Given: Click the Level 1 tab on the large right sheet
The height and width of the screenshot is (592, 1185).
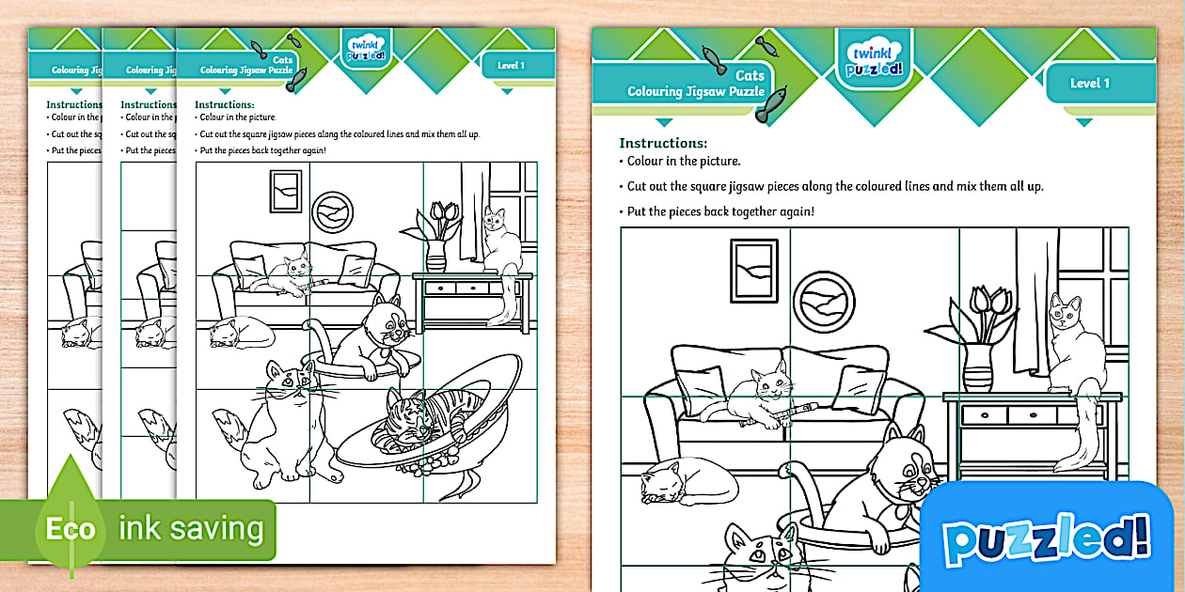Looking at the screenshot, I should [1089, 84].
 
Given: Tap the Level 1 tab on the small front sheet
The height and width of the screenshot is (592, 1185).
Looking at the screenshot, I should [511, 66].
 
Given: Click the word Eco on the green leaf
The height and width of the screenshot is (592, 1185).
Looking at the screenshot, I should [71, 529].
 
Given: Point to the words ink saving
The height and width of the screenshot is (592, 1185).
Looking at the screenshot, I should [191, 529].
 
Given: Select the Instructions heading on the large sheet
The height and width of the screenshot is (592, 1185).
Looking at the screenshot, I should [663, 143].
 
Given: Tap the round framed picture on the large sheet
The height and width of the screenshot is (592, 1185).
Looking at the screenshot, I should [824, 302].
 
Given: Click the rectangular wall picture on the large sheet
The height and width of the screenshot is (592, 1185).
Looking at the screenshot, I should [754, 271].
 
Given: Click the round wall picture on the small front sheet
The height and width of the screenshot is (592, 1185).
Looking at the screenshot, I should [331, 210].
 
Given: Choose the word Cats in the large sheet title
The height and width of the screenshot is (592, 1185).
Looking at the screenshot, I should [750, 75].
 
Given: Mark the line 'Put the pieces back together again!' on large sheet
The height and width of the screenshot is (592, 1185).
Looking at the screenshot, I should [720, 211].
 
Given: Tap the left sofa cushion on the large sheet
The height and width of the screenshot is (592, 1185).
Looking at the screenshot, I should [701, 386].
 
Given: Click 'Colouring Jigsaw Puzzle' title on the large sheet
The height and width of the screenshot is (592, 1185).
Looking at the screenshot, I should [696, 91].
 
